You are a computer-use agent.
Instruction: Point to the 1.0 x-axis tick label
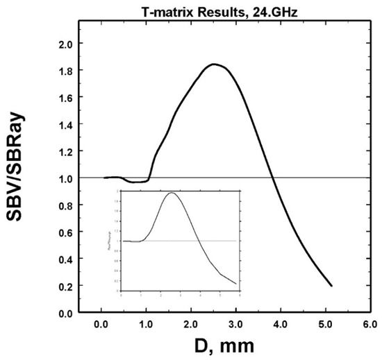[146, 324]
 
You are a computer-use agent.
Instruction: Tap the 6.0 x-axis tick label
[370, 324]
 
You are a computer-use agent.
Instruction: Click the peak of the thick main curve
[214, 65]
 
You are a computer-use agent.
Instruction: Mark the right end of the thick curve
[331, 285]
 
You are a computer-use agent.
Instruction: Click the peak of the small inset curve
[171, 193]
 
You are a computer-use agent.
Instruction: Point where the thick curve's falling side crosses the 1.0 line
[273, 178]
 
